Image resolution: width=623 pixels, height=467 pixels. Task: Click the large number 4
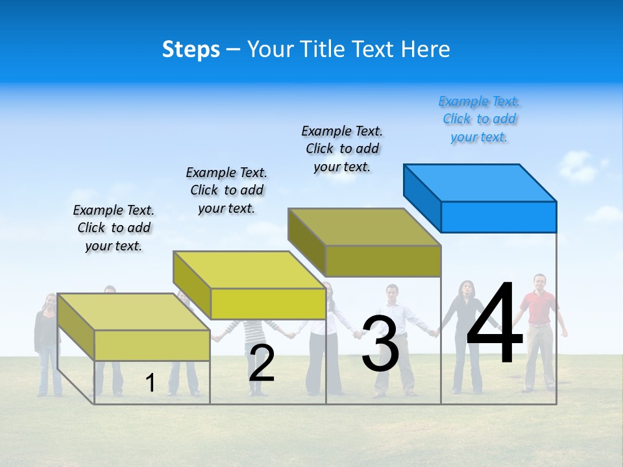(495, 324)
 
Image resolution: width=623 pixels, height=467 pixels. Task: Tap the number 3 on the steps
(380, 344)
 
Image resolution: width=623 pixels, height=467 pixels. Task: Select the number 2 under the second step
(262, 363)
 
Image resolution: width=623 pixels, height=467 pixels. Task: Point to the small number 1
(151, 383)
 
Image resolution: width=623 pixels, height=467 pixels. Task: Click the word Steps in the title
(191, 49)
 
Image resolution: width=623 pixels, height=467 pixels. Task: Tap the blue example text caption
(479, 119)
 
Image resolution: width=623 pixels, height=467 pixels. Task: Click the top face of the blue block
(480, 182)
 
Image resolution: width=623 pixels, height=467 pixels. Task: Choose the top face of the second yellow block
(249, 270)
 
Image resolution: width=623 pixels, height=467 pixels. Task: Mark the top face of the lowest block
(134, 312)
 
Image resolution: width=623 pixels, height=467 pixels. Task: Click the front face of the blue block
(498, 217)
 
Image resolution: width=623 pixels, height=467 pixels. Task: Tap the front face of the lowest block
(152, 345)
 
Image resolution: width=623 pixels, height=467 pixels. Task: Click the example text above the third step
(342, 149)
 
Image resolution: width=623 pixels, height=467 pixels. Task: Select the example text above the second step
(226, 190)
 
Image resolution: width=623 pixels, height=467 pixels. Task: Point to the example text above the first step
(114, 228)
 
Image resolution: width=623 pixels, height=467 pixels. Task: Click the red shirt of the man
(540, 308)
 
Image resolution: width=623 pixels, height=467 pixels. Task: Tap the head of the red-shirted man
(539, 282)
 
